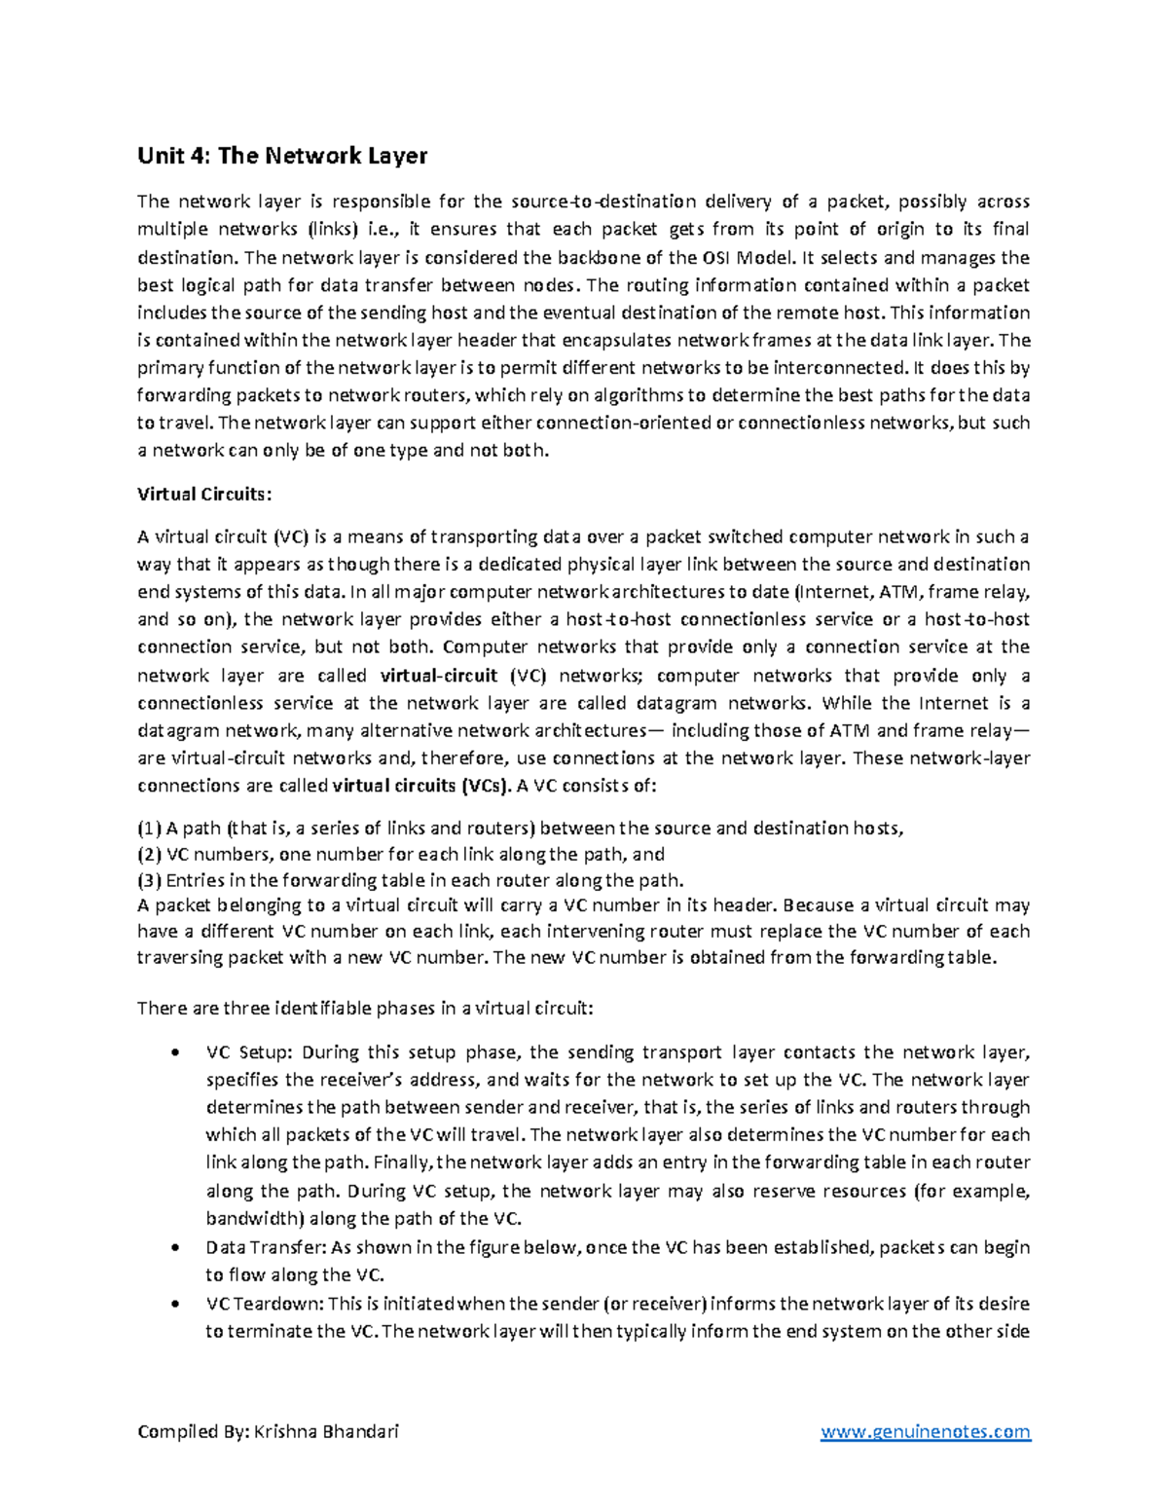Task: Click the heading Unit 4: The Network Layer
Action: tap(282, 156)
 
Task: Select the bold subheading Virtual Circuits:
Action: tap(201, 494)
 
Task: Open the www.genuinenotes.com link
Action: tap(925, 1431)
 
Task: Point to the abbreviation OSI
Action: tap(712, 258)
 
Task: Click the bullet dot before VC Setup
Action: tap(174, 1052)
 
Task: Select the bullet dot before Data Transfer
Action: tap(174, 1247)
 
